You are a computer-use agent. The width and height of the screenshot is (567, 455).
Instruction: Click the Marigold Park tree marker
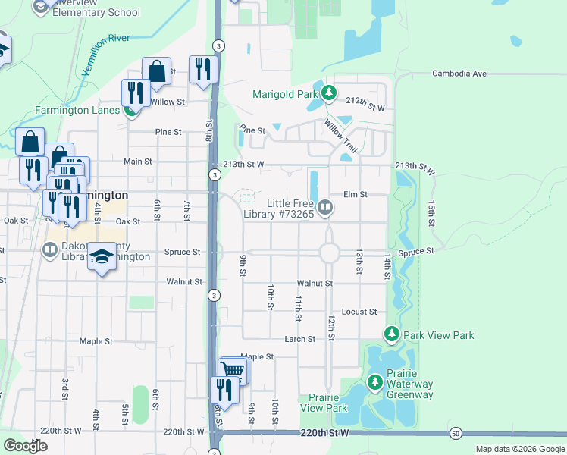(328, 94)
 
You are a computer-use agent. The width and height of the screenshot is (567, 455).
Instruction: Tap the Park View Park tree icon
(391, 334)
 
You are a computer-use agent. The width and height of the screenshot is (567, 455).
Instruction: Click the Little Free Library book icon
(325, 206)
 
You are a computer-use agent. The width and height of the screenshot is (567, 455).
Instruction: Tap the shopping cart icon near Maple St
(233, 370)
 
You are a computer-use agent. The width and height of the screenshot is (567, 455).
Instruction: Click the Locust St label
(359, 312)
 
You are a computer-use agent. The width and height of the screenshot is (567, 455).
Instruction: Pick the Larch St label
(299, 339)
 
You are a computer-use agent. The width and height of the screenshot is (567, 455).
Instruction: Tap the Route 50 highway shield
(455, 433)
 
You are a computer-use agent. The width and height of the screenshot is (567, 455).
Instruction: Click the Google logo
(25, 446)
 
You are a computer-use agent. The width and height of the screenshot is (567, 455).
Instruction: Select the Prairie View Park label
(323, 403)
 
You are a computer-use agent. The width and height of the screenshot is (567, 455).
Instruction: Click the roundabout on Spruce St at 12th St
(329, 252)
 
